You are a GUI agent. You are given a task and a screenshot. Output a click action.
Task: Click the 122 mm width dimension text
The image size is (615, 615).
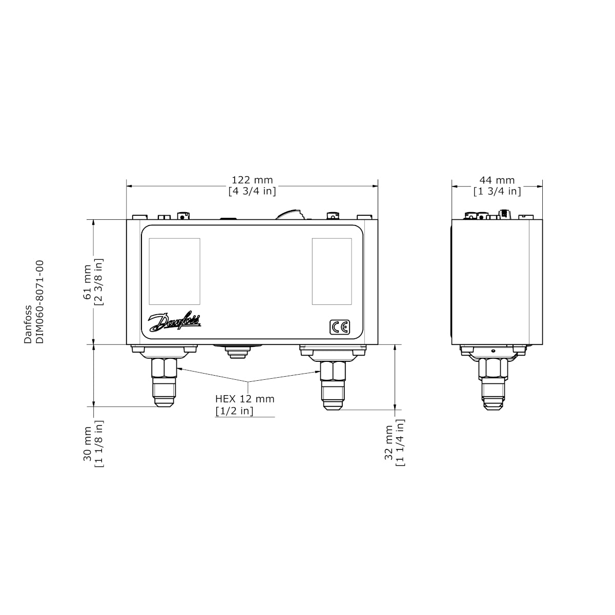tap(252, 180)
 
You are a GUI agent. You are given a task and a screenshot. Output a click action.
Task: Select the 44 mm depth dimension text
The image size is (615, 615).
tap(497, 180)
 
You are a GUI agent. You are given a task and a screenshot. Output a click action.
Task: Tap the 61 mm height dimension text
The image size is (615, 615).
tap(87, 281)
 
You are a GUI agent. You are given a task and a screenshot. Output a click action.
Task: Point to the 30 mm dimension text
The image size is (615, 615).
tap(87, 444)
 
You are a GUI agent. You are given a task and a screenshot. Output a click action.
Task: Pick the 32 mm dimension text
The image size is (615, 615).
tap(388, 442)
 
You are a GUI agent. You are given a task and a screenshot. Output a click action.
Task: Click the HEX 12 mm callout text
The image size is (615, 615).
tap(245, 399)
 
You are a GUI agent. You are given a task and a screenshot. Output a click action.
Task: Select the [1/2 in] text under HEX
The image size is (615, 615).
tap(235, 411)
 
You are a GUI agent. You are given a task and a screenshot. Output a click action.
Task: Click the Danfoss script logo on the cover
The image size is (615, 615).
tap(174, 322)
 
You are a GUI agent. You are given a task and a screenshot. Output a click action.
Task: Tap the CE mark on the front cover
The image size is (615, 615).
tap(340, 327)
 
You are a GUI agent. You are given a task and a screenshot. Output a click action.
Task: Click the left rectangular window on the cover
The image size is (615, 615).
tap(175, 271)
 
